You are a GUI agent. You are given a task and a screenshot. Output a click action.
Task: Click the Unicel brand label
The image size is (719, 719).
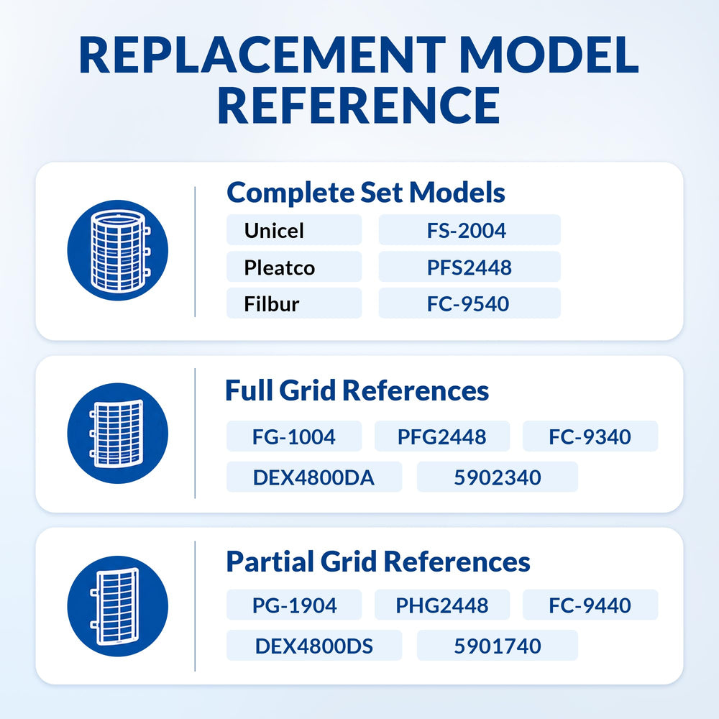click(274, 230)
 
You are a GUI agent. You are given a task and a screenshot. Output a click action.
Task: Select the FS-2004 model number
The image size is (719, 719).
click(467, 230)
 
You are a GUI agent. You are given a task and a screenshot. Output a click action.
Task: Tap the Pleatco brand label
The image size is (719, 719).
click(279, 267)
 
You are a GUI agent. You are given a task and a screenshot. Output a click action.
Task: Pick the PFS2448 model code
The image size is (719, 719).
click(469, 267)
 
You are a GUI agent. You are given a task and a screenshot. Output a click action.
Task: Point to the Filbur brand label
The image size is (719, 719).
click(272, 303)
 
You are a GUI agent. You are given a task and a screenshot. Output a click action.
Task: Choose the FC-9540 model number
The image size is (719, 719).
click(468, 303)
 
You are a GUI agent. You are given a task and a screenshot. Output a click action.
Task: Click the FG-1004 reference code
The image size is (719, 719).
click(293, 436)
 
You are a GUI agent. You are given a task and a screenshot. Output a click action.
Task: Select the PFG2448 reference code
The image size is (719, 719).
click(441, 436)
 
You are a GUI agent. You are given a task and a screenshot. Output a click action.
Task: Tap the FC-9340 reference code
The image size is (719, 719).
click(590, 436)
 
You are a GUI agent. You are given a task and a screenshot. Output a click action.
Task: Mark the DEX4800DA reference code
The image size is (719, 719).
click(313, 477)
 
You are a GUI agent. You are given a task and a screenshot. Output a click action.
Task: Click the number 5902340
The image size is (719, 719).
click(498, 477)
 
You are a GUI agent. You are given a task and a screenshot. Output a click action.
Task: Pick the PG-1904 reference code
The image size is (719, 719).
click(294, 605)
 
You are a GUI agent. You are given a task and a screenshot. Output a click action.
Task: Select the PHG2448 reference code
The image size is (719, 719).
click(442, 605)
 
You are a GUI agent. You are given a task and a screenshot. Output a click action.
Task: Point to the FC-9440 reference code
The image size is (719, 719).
click(590, 605)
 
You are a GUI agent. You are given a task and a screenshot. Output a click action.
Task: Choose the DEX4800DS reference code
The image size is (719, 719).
click(314, 646)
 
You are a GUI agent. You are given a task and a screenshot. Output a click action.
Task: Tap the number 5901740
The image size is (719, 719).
click(498, 646)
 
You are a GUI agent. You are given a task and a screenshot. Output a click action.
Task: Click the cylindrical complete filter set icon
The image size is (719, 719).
click(118, 250)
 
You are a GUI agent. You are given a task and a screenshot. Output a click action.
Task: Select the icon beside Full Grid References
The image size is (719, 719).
click(118, 434)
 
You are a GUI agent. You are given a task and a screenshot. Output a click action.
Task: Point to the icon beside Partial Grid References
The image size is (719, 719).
click(118, 606)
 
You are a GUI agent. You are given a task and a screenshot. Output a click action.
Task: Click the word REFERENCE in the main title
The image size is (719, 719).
click(359, 106)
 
